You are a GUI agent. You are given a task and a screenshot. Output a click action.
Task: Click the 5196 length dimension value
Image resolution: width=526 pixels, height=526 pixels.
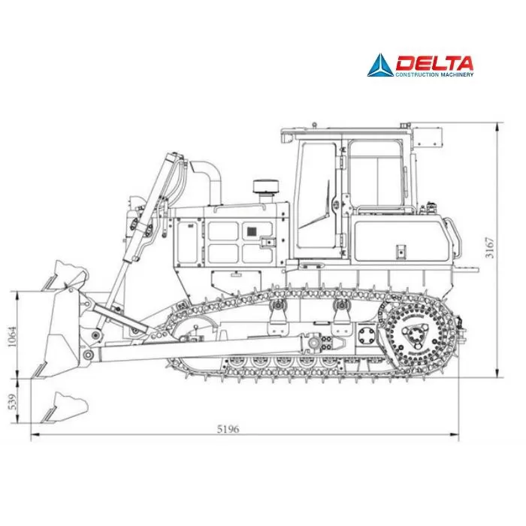click(228, 429)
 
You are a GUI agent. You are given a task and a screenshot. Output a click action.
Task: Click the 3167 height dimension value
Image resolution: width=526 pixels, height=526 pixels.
click(490, 248)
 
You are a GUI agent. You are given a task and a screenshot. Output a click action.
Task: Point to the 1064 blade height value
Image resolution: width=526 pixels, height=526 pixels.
click(12, 337)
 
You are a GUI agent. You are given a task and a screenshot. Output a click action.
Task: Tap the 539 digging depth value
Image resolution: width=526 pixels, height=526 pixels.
click(12, 402)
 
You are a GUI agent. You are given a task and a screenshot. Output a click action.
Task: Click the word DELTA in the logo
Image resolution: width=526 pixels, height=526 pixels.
click(434, 63)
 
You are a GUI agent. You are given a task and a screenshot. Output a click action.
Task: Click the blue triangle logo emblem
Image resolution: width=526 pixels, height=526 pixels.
click(380, 65)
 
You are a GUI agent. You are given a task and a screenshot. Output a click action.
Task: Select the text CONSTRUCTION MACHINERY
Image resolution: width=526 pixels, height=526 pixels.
click(434, 74)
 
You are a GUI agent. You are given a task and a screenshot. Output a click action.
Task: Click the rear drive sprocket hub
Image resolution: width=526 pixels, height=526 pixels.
click(416, 336)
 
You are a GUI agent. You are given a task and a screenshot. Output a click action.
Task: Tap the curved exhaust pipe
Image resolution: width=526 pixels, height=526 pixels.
click(208, 181)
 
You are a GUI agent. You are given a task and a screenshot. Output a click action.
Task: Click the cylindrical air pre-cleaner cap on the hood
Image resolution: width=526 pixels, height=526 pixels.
click(266, 186)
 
